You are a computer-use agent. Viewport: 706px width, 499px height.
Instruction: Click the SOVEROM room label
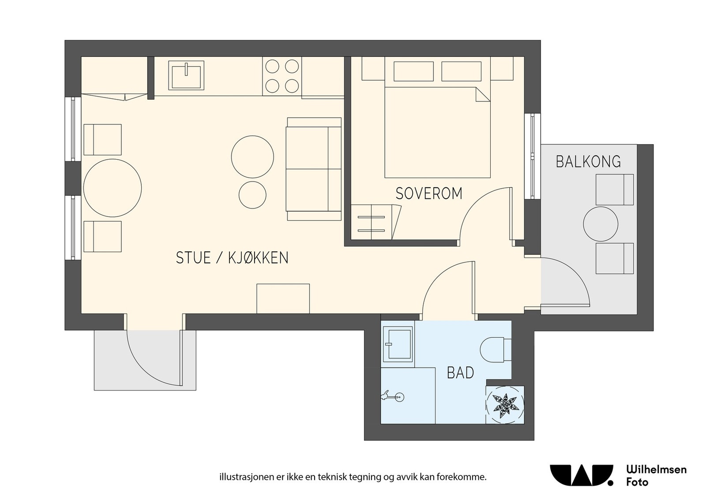click(x=429, y=194)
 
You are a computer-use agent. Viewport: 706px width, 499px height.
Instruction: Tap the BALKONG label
click(x=588, y=161)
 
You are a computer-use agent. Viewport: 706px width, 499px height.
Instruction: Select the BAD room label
click(x=461, y=373)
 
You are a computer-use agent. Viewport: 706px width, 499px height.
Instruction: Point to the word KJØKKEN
click(x=258, y=258)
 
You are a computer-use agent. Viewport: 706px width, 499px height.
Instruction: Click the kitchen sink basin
click(x=186, y=75)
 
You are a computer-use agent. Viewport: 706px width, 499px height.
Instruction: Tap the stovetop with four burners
click(x=282, y=76)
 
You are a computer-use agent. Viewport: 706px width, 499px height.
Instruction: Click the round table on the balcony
click(x=601, y=224)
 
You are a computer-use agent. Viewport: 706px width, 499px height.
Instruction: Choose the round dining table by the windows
click(x=113, y=188)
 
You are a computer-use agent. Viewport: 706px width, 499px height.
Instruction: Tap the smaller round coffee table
click(x=252, y=195)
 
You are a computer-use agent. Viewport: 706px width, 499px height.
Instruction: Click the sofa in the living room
click(x=314, y=169)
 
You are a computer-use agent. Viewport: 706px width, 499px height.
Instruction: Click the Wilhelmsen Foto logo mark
click(x=582, y=475)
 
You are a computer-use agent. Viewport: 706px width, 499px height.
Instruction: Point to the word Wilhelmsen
click(x=657, y=470)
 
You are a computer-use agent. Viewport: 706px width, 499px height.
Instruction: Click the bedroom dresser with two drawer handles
click(x=376, y=222)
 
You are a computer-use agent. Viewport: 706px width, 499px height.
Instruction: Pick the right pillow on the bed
click(x=461, y=71)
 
